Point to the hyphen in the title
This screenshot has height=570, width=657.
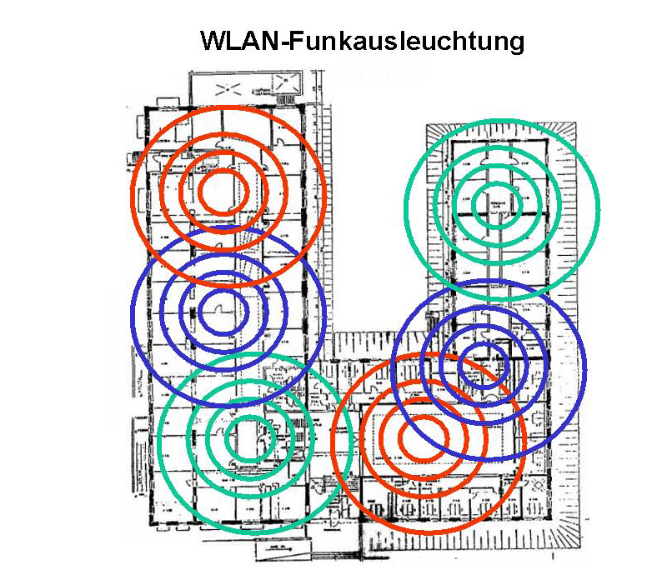pos(283,42)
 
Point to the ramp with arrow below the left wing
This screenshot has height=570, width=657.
pos(276,551)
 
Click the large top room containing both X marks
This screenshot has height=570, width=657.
pos(250,87)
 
